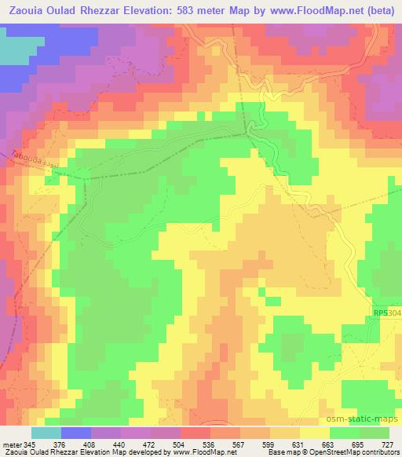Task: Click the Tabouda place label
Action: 28,159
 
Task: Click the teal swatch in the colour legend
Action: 46,433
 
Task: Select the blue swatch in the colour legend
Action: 76,433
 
